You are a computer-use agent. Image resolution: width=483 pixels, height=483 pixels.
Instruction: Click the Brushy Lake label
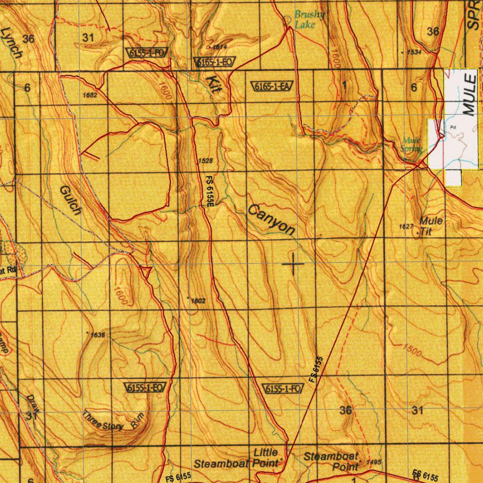(x=309, y=19)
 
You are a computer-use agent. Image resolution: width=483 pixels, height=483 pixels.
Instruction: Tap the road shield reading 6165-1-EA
(x=273, y=86)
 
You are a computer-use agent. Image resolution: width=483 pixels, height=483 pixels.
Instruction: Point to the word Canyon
(x=272, y=220)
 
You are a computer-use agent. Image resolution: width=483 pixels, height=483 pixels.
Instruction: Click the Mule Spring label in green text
(x=412, y=144)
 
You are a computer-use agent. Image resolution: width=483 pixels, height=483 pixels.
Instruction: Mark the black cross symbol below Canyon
(x=293, y=264)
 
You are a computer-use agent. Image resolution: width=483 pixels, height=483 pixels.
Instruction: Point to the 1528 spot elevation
(x=205, y=161)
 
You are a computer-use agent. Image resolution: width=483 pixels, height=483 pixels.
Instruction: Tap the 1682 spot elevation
(x=89, y=95)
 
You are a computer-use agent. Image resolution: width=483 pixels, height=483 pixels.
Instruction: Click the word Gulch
(x=71, y=200)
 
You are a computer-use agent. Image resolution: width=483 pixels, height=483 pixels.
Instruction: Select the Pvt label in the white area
(x=454, y=127)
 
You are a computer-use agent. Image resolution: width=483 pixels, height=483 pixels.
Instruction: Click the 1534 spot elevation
(x=413, y=52)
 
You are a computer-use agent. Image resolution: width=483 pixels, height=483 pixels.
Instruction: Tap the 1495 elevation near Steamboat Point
(x=373, y=462)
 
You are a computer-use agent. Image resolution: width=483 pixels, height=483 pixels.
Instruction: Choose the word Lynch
(x=11, y=43)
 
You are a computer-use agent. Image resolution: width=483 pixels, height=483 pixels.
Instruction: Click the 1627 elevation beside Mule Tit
(x=406, y=227)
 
